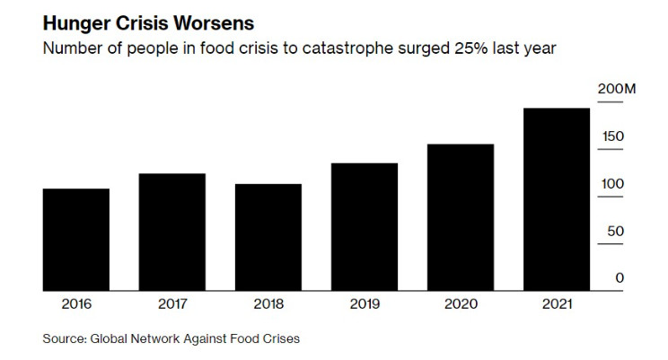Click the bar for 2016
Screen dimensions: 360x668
click(76, 240)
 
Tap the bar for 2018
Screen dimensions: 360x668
click(268, 237)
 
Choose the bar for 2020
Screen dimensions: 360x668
click(461, 217)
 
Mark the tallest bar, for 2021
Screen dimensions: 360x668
click(557, 199)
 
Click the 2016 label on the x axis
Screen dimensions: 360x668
click(76, 303)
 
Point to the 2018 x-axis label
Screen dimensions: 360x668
click(268, 303)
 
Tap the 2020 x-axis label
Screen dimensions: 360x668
click(461, 303)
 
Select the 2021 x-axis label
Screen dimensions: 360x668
click(557, 303)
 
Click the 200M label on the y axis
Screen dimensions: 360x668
click(617, 90)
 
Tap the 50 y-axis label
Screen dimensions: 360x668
click(615, 232)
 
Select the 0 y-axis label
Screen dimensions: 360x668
click(620, 278)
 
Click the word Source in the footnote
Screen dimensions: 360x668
click(62, 338)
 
